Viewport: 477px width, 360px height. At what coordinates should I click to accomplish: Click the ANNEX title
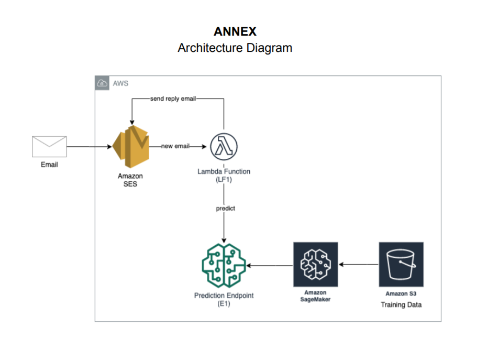[x=235, y=31]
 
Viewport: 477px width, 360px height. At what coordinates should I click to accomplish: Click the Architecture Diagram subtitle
[x=235, y=48]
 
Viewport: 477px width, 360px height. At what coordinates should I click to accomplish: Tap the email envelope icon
[x=49, y=146]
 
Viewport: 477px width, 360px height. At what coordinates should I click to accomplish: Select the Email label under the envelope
[x=49, y=165]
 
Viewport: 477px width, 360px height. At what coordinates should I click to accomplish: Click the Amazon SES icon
[x=130, y=146]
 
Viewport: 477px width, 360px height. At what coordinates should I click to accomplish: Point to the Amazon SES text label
[x=130, y=180]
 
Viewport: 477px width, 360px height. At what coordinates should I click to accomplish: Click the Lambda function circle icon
[x=224, y=146]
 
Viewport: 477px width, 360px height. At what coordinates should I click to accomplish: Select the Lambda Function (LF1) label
[x=224, y=175]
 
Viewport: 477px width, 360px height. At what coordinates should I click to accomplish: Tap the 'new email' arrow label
[x=175, y=146]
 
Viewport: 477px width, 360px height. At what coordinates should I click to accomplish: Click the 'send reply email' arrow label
[x=172, y=99]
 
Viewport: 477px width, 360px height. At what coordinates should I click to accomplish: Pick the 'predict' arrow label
[x=225, y=208]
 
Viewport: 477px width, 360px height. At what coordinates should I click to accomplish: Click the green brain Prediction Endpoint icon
[x=224, y=265]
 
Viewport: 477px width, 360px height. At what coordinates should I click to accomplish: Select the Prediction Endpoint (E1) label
[x=224, y=299]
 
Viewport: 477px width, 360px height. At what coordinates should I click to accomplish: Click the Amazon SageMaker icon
[x=315, y=264]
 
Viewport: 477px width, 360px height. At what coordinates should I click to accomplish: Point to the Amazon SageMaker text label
[x=315, y=296]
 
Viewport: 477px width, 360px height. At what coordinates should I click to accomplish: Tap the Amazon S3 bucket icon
[x=401, y=264]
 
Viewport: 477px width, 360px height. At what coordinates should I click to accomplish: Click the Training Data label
[x=401, y=304]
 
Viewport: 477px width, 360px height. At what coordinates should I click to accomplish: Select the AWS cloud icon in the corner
[x=102, y=83]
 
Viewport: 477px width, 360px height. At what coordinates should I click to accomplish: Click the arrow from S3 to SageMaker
[x=359, y=265]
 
